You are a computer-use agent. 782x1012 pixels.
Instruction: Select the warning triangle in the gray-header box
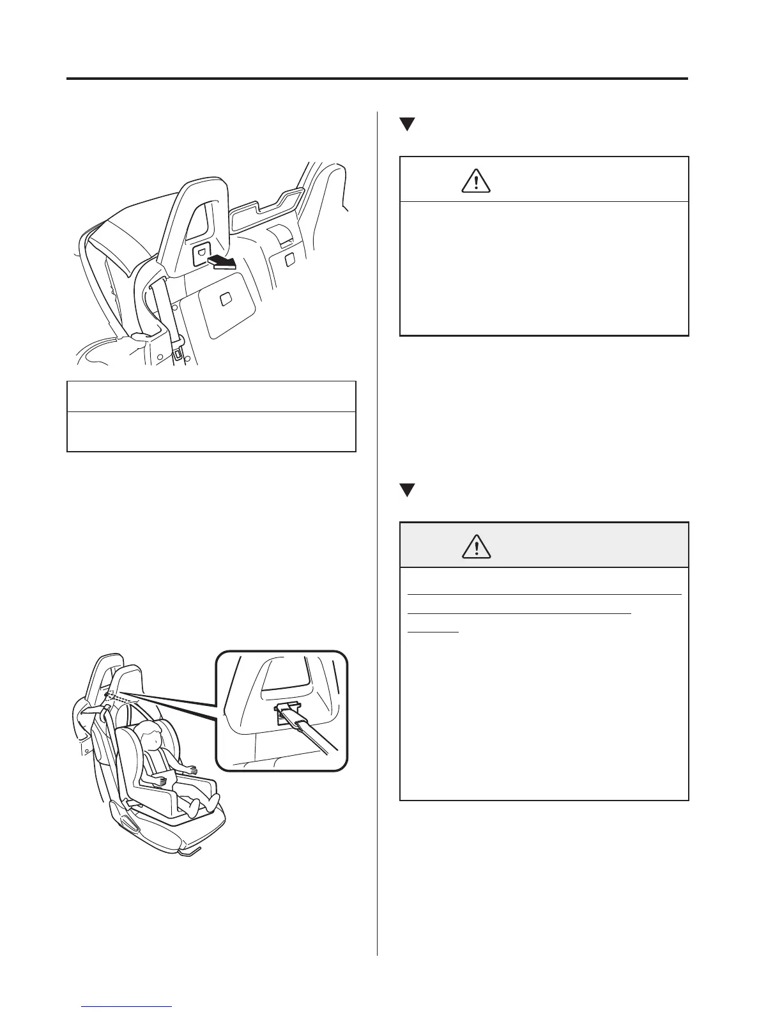(475, 546)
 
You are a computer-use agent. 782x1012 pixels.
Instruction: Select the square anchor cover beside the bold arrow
(201, 254)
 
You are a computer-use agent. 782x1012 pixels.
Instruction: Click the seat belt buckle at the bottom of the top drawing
(176, 353)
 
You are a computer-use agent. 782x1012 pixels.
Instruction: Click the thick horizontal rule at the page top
(377, 79)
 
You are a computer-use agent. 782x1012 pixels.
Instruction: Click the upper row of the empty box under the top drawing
(211, 397)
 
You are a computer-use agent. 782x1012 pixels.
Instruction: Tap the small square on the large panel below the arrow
(225, 299)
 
